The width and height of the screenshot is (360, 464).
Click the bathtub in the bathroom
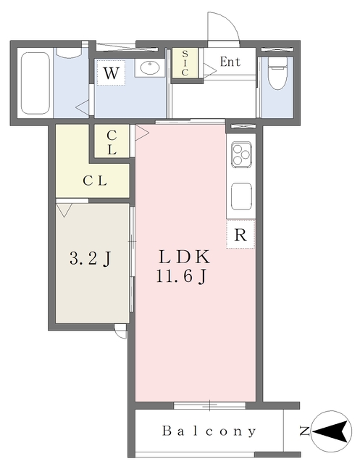[x=35, y=84]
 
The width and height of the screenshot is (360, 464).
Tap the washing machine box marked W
[x=110, y=73]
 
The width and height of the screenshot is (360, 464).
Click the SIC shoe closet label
[x=185, y=62]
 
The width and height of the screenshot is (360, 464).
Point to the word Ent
[x=230, y=62]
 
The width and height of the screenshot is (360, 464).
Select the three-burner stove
[x=240, y=154]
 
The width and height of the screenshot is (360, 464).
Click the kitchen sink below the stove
[x=240, y=195]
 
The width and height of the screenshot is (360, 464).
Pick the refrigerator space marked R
[x=240, y=234]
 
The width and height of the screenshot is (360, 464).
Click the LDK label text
[x=185, y=257]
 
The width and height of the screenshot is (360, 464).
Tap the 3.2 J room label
[x=90, y=259]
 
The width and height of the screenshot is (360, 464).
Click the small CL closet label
[x=112, y=143]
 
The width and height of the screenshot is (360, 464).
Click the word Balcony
[x=209, y=431]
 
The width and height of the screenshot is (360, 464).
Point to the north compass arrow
[x=332, y=432]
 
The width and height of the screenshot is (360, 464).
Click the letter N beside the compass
[x=304, y=432]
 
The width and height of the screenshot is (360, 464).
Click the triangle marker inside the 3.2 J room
[x=64, y=210]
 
